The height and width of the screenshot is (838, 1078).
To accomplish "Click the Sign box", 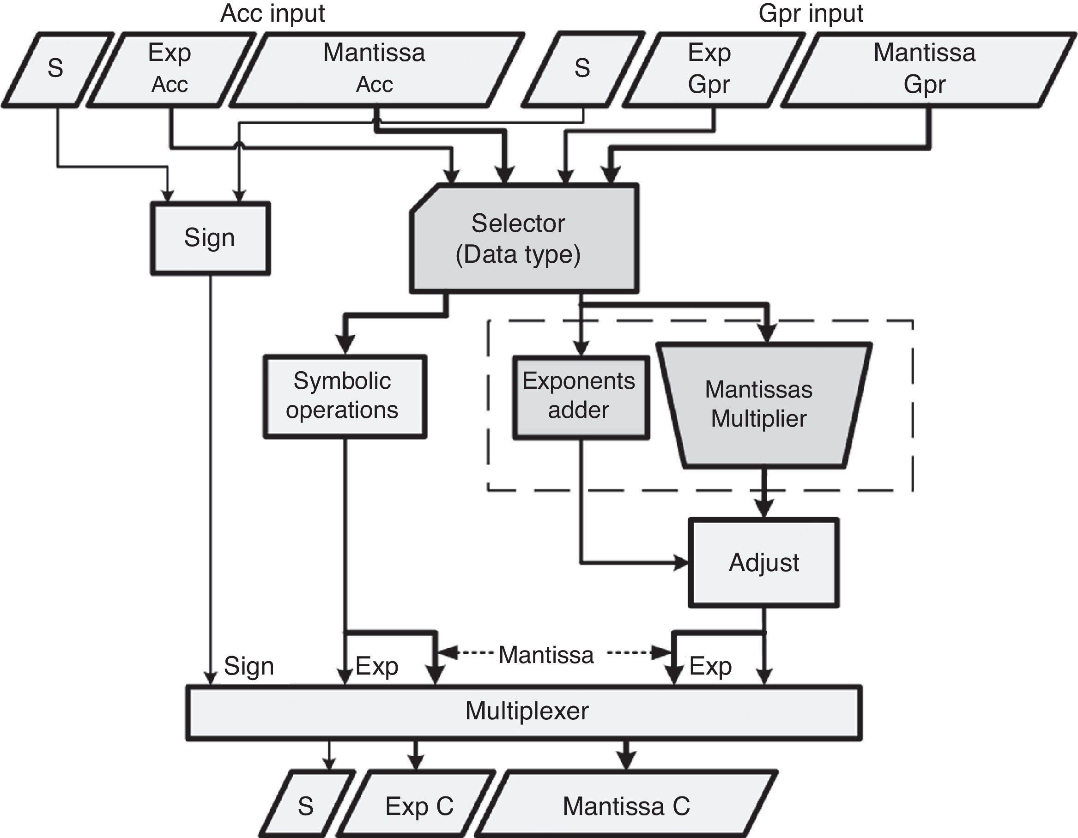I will (x=210, y=238).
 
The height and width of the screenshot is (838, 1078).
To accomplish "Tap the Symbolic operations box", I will (x=344, y=396).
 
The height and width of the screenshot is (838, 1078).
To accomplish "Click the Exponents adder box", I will (x=581, y=397).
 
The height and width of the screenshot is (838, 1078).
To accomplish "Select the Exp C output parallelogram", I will (x=418, y=807).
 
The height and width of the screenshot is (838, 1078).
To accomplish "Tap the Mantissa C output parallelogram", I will (x=626, y=807).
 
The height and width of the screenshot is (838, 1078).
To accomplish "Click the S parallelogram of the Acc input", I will (x=56, y=69).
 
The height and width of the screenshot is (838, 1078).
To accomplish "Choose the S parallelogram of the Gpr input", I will (x=582, y=69).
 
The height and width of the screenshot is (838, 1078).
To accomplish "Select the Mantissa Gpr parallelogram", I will (x=924, y=69).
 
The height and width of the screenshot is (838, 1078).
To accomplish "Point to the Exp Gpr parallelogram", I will (x=709, y=69).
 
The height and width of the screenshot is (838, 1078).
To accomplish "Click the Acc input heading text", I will (x=273, y=13).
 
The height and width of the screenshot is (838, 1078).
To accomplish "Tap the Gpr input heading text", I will (x=811, y=13).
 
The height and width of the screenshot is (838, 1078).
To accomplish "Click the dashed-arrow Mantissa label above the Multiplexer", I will (x=546, y=655).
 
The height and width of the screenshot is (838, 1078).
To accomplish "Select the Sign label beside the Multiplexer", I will (x=249, y=666).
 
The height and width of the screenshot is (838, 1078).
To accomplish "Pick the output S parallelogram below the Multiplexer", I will (x=306, y=807).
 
